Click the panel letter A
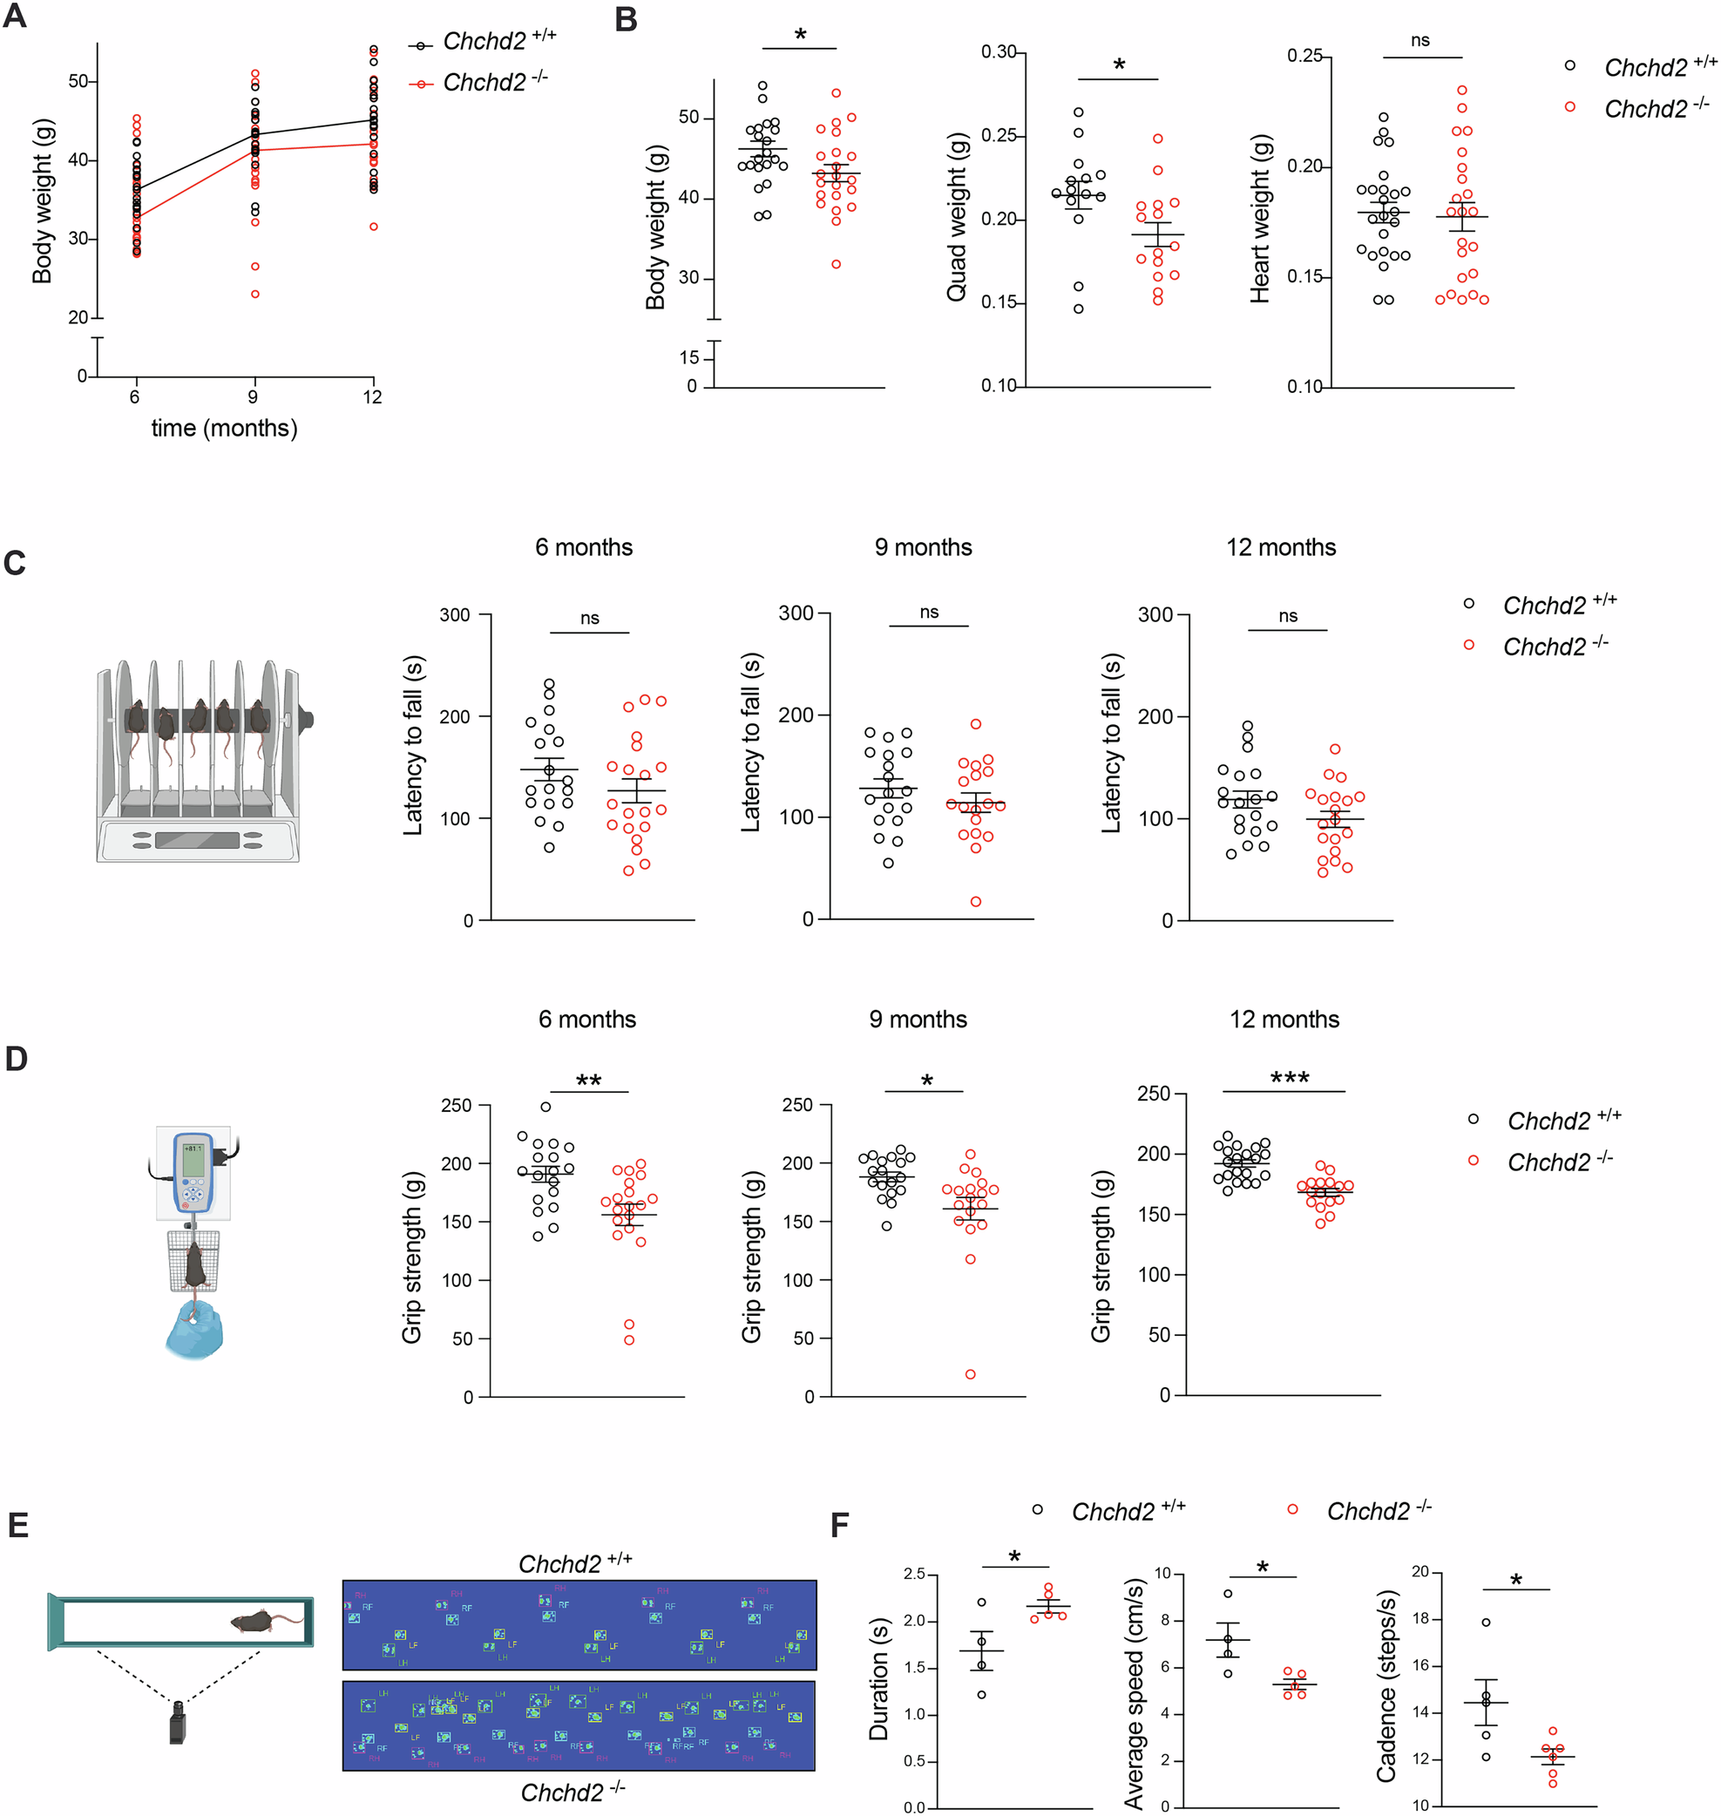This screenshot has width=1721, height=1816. [x=15, y=17]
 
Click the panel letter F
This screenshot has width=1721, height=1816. [x=839, y=1525]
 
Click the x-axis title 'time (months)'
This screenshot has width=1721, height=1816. [x=224, y=429]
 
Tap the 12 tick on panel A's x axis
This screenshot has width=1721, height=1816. [x=371, y=397]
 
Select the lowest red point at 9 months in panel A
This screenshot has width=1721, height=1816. [x=255, y=295]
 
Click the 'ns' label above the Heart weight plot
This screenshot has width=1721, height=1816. [x=1419, y=40]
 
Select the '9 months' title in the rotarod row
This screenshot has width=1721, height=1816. [x=923, y=547]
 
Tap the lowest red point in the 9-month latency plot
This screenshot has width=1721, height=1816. [x=975, y=902]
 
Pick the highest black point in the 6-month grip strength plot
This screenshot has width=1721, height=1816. [x=545, y=1107]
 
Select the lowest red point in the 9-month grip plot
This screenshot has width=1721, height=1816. [x=970, y=1374]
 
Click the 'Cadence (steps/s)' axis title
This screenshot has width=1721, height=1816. [x=1386, y=1686]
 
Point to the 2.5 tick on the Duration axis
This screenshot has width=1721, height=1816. [x=914, y=1574]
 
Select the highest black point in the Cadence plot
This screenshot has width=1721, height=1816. [x=1486, y=1623]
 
